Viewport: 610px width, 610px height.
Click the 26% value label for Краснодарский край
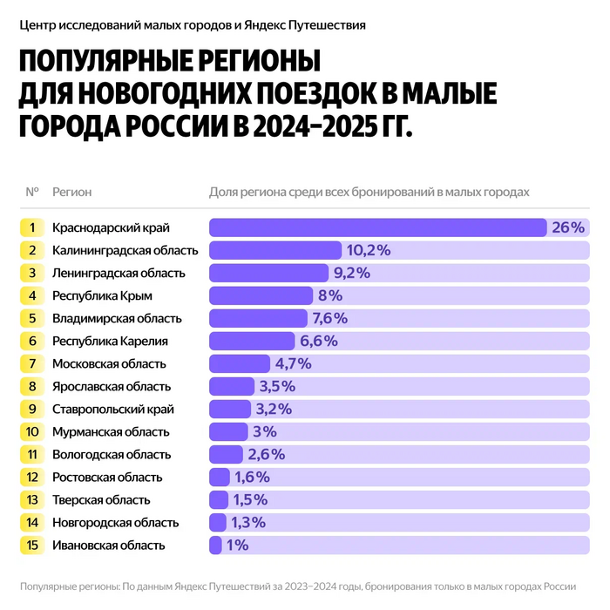(x=566, y=227)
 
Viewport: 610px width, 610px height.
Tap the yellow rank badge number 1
(x=31, y=227)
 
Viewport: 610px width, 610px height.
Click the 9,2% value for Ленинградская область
(x=351, y=273)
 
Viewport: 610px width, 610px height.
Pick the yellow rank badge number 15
(x=31, y=546)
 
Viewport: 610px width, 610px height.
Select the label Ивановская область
(x=108, y=546)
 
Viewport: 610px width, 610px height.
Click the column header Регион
(x=71, y=192)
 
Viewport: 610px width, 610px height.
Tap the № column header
(x=32, y=192)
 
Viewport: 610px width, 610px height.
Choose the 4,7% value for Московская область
(x=294, y=363)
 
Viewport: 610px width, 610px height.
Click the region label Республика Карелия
(x=110, y=341)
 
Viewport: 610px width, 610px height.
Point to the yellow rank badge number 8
(x=31, y=386)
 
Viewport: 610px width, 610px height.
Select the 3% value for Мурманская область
(x=264, y=431)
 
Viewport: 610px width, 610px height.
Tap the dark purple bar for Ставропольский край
(x=231, y=409)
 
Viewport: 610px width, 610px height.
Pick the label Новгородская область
(x=115, y=523)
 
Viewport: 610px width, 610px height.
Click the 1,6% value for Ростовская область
(x=251, y=478)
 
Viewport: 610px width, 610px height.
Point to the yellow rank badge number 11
(x=31, y=454)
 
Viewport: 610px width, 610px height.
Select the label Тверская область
(x=101, y=500)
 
